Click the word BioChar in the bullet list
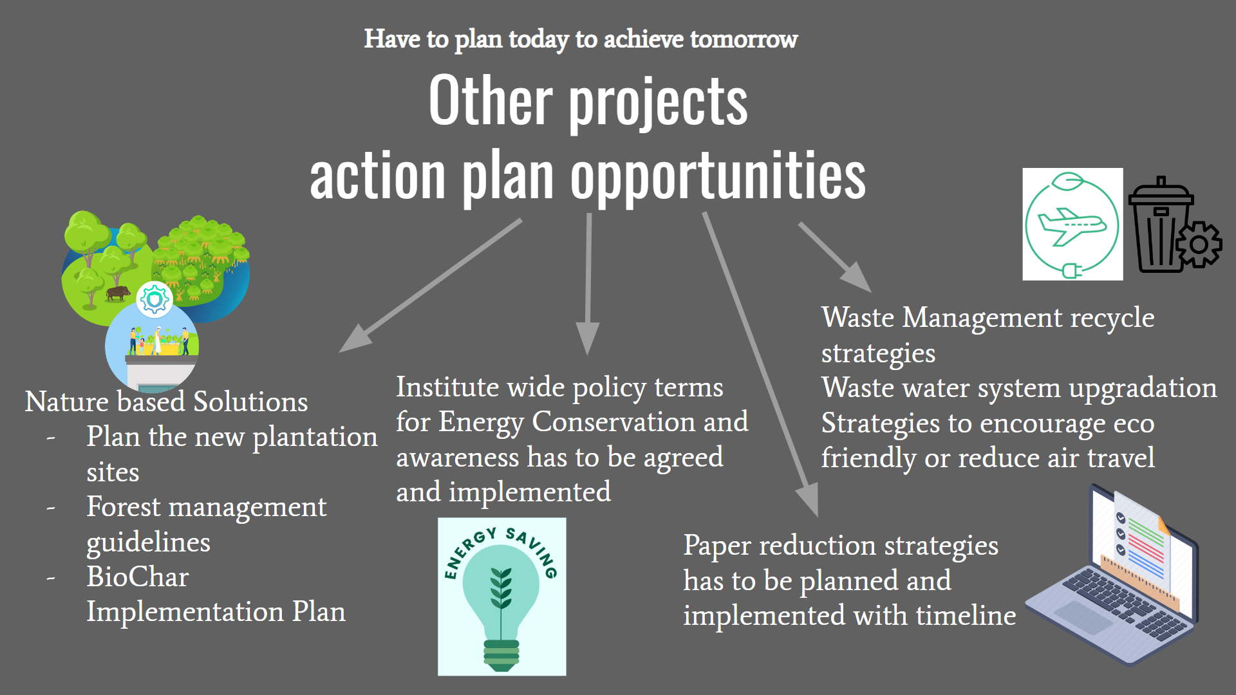138,577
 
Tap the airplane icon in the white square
1072,225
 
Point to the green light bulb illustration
501,598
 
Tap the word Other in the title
491,101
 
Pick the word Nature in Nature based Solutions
67,402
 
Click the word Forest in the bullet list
124,507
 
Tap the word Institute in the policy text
447,387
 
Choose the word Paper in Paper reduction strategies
717,546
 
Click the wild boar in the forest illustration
118,293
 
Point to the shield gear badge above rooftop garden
154,299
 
